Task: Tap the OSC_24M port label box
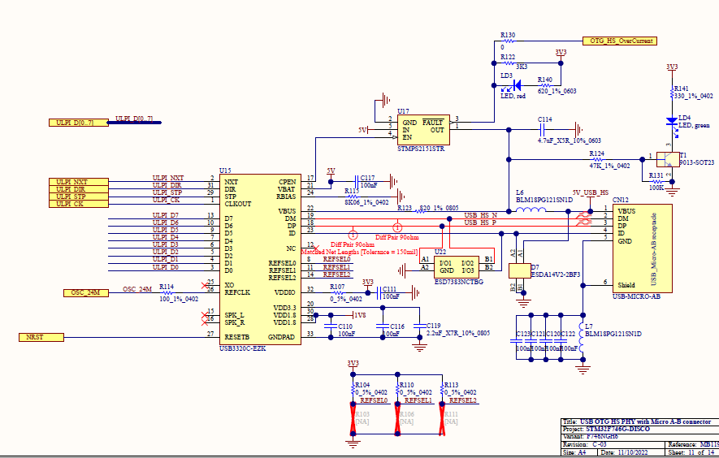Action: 84,292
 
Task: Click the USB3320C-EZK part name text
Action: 242,348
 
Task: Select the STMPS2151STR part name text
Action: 421,149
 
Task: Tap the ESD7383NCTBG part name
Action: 458,281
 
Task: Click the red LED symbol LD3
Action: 509,83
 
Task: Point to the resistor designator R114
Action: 166,287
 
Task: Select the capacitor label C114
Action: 544,119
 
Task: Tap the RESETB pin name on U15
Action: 237,335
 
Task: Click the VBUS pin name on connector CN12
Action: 627,210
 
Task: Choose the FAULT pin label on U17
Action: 432,121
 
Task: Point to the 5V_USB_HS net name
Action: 590,192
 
